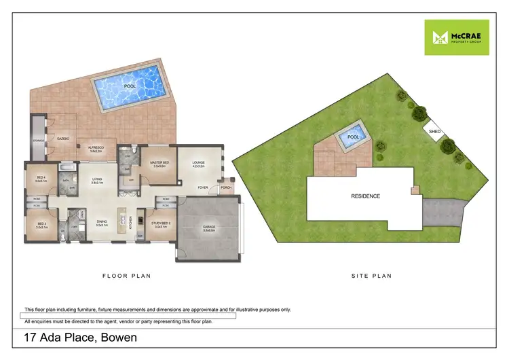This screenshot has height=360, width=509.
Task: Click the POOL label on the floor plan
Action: tap(129, 87)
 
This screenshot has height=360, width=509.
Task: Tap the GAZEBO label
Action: tap(64, 137)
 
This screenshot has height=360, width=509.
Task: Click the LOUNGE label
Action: tap(198, 163)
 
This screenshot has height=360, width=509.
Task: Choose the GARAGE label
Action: tap(209, 228)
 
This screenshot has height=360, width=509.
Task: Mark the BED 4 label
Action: tap(40, 179)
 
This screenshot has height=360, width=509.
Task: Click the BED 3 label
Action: tap(41, 225)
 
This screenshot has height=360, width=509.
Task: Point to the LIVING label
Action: tap(98, 180)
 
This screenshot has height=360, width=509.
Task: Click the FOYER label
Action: tap(202, 187)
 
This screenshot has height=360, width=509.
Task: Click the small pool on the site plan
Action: tap(353, 137)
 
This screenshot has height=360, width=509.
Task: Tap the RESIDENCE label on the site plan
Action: tap(365, 196)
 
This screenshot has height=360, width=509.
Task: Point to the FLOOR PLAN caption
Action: tap(126, 276)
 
